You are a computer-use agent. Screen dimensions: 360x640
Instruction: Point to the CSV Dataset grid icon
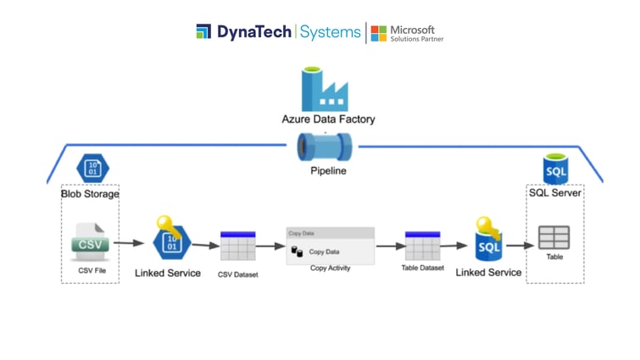(x=237, y=246)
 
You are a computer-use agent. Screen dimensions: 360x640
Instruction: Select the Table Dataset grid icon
(x=422, y=246)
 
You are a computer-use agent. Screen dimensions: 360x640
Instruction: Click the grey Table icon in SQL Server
(x=554, y=237)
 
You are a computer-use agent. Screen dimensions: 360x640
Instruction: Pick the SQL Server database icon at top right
(x=555, y=169)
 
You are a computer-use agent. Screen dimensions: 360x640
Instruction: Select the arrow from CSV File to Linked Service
(x=129, y=243)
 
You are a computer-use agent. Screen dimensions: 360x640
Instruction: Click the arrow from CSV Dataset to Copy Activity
(x=270, y=246)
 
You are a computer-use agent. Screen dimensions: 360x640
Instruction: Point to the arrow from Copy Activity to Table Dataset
(x=390, y=246)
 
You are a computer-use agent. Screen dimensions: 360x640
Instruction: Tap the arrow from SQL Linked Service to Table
(x=520, y=246)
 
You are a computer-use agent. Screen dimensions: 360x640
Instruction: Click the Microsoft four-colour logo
(x=378, y=33)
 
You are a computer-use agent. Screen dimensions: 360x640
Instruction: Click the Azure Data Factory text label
(x=328, y=119)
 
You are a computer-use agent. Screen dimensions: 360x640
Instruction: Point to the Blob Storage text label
(x=90, y=194)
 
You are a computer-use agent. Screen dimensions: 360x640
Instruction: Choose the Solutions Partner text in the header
(x=416, y=39)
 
